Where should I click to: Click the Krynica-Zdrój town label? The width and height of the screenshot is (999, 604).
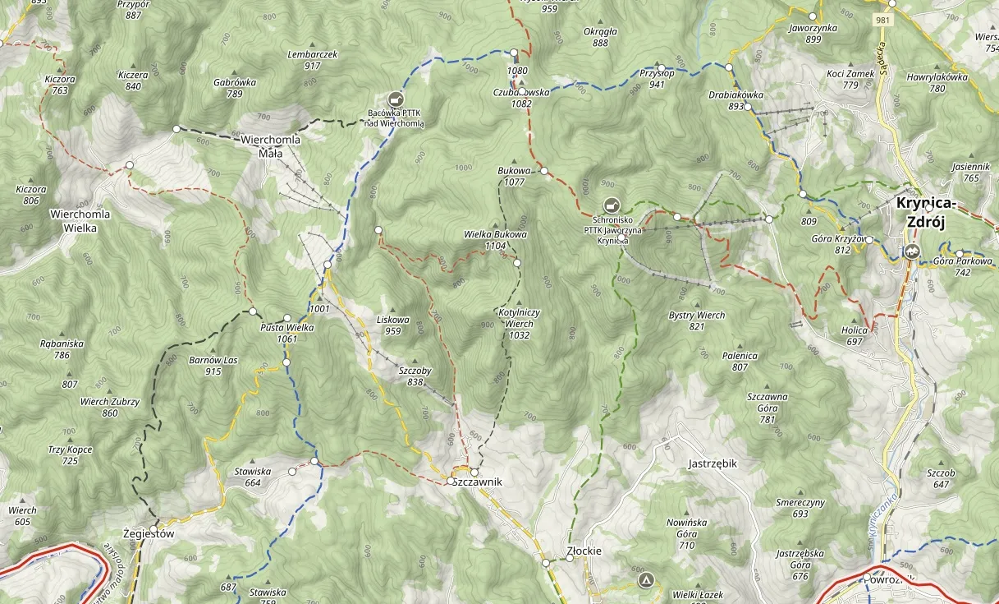tap(928, 212)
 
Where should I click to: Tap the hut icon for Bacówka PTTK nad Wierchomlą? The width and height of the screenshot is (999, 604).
tap(396, 99)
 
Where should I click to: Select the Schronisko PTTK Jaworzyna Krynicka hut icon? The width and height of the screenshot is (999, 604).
tap(610, 205)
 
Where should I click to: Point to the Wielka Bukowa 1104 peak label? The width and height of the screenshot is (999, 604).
tap(495, 239)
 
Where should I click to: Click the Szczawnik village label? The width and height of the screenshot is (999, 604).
tap(477, 482)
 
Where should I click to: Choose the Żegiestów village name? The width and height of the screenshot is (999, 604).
tap(149, 533)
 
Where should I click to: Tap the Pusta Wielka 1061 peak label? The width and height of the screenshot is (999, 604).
tap(287, 333)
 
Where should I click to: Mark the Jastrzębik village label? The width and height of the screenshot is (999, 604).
tap(712, 463)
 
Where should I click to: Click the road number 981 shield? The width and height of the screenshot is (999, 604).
tap(883, 20)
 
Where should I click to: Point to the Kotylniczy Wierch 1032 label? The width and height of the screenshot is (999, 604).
tap(519, 318)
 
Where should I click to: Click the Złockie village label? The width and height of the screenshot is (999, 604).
tap(584, 551)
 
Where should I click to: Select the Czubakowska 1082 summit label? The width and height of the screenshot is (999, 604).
tap(521, 98)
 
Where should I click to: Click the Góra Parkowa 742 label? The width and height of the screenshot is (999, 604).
tap(963, 266)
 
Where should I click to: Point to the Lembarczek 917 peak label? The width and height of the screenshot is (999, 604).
tap(312, 59)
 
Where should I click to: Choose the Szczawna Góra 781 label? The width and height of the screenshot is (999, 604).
tap(768, 408)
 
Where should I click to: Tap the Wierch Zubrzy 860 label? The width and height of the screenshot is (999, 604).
tap(110, 408)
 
